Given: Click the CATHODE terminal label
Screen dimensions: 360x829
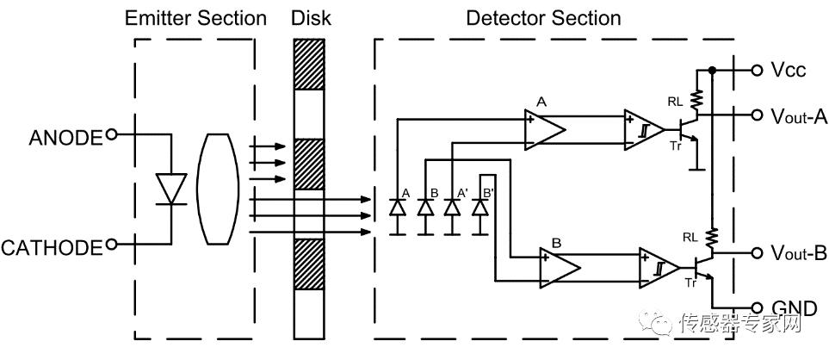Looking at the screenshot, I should click(x=52, y=248).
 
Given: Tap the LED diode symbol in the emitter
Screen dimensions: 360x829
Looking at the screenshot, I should click(x=170, y=189).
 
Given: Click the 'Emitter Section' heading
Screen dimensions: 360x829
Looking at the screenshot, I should click(x=195, y=17).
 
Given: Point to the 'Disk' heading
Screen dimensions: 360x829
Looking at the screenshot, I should click(x=310, y=17).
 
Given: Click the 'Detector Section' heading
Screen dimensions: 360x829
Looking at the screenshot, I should click(x=542, y=17).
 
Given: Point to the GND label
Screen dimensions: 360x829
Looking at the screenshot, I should click(x=792, y=308).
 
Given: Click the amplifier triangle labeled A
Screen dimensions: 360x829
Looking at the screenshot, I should click(x=545, y=128).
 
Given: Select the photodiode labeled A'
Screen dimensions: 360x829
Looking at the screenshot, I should click(x=450, y=208).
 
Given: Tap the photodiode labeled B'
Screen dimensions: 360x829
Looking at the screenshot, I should click(x=480, y=208).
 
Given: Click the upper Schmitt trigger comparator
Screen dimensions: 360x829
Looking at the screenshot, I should click(x=644, y=129).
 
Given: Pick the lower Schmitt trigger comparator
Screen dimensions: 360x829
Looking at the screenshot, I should click(x=659, y=267).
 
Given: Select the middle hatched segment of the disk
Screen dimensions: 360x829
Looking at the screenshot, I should click(x=307, y=164).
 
